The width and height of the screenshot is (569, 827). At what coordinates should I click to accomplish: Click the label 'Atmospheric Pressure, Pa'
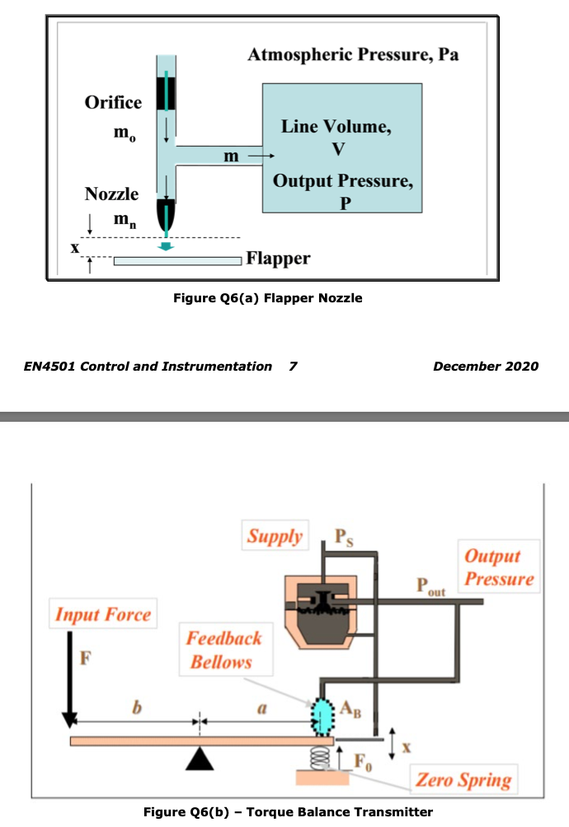pos(353,55)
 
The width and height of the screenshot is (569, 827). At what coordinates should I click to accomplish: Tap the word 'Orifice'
pos(113,102)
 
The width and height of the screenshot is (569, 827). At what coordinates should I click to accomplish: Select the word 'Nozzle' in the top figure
pos(111,194)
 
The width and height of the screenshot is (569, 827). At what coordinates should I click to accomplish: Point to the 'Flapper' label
pos(278,259)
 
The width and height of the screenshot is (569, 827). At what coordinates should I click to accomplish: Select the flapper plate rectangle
pos(176,261)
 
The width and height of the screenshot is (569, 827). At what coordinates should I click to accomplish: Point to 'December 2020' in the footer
pos(486,366)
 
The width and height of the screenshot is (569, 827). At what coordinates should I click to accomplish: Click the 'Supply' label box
pos(275,537)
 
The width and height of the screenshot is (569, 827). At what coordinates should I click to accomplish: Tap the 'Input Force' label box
pos(103,614)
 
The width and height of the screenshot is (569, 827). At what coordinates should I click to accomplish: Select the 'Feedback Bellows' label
pos(223,650)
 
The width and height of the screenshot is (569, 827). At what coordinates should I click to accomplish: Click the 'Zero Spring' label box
pos(463,779)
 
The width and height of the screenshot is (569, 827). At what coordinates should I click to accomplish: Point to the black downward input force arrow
pos(69,684)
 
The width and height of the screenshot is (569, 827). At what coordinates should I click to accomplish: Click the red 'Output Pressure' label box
pos(498,568)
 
